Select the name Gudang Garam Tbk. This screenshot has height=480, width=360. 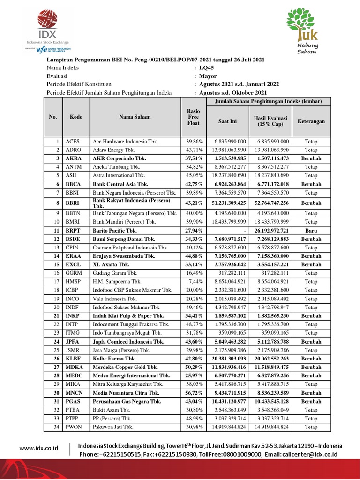(x=117, y=273)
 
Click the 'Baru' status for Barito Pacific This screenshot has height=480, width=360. (x=311, y=230)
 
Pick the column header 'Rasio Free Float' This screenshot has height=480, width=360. (x=193, y=117)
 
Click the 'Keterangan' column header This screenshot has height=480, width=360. (x=311, y=121)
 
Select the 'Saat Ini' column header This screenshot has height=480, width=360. (x=227, y=121)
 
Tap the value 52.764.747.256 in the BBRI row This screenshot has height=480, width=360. (x=271, y=203)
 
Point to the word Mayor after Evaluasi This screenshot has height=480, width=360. (x=208, y=76)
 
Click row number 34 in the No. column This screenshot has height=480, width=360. (x=57, y=427)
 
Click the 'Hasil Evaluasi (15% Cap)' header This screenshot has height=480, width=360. (x=270, y=121)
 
